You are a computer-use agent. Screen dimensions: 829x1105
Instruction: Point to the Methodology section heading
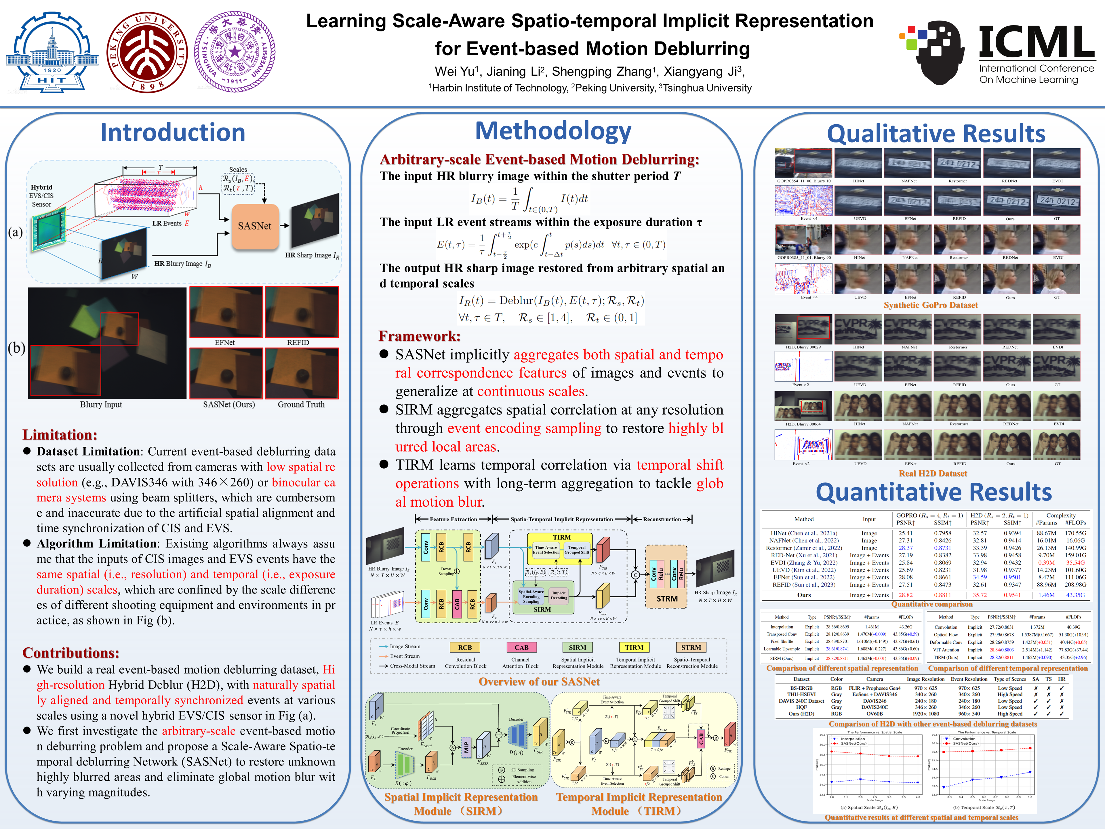553,131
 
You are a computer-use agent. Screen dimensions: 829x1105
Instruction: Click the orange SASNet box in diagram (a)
255,226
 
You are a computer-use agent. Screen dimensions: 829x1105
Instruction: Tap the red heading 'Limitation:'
60,435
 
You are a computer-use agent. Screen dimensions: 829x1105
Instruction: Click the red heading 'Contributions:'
71,653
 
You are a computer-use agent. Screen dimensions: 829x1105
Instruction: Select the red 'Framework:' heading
420,336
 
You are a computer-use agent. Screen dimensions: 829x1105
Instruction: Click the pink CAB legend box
521,647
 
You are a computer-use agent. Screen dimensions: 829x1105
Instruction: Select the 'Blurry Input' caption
101,404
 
